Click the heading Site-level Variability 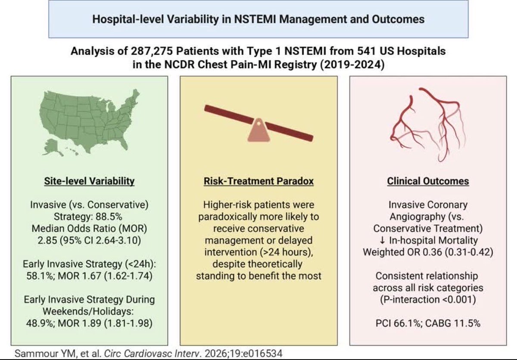(90, 181)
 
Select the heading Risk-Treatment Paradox (258, 181)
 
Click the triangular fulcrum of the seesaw (258, 131)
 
